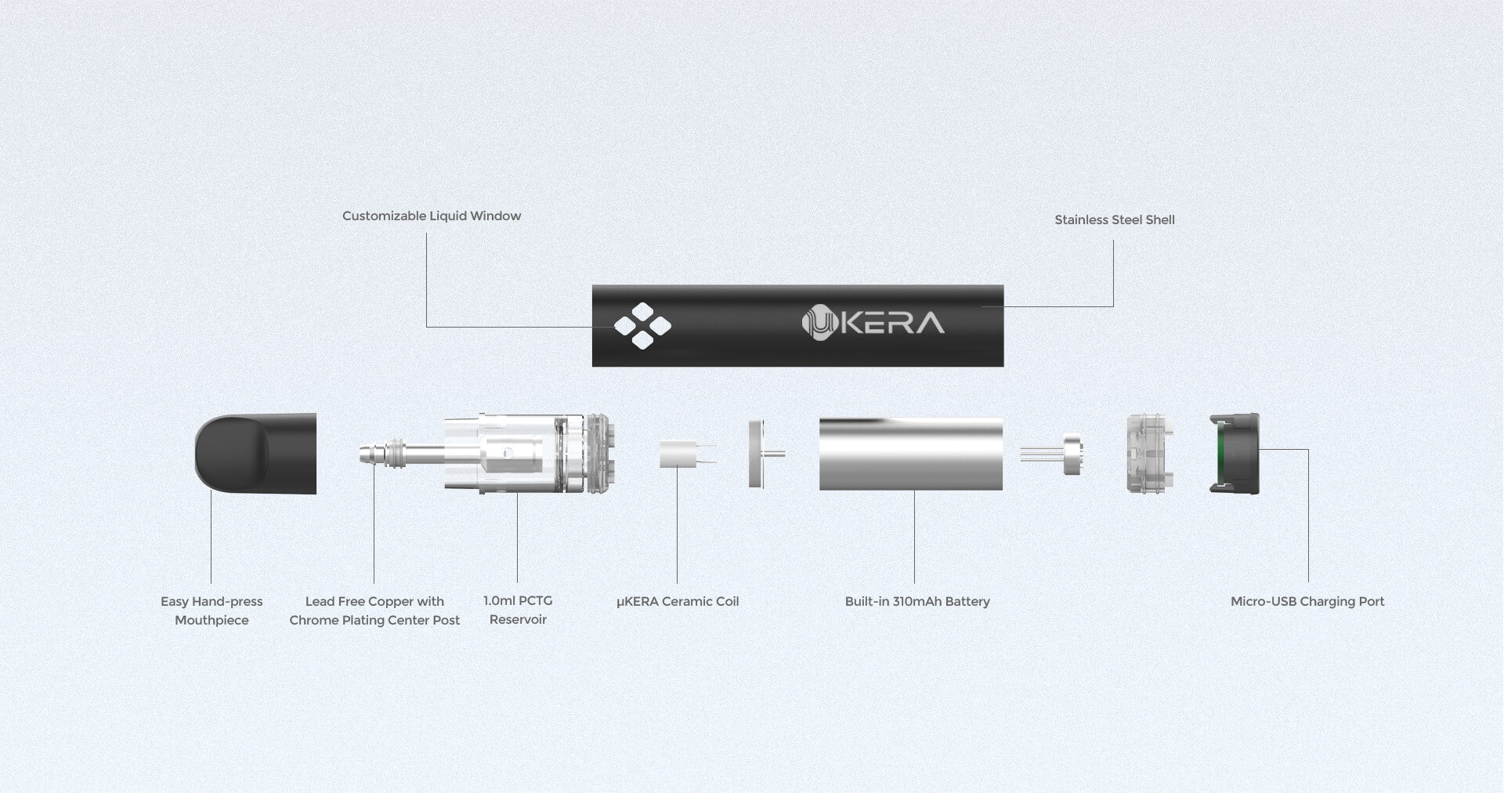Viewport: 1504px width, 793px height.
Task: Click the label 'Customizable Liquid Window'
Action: coord(432,216)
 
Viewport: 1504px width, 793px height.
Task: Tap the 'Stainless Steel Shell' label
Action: coord(1115,220)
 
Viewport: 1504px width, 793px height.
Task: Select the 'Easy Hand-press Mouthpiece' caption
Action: coord(211,610)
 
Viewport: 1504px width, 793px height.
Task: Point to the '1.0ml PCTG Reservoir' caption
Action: coord(518,610)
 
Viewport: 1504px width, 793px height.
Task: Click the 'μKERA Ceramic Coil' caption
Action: coord(678,602)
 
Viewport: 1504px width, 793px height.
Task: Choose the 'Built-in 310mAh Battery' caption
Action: coord(917,602)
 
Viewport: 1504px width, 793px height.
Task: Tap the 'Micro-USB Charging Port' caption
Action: coord(1307,602)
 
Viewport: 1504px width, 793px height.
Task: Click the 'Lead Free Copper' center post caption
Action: coord(374,610)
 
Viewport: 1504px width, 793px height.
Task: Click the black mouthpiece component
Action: coord(255,454)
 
